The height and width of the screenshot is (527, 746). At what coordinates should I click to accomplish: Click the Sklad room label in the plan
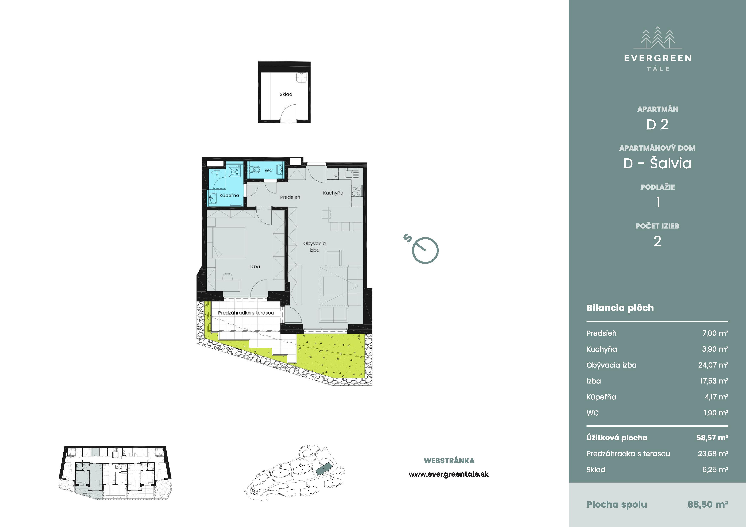286,94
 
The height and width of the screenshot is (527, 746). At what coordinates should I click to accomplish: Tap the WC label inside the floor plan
268,170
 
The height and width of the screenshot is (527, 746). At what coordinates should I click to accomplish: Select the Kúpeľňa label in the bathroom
229,196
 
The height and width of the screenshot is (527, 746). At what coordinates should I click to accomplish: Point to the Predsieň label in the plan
290,197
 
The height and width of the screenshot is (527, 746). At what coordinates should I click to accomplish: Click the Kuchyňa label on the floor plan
333,193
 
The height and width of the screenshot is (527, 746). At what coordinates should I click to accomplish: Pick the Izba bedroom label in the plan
255,267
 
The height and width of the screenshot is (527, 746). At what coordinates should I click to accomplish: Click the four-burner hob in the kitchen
356,191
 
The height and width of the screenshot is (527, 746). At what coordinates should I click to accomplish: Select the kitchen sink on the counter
352,173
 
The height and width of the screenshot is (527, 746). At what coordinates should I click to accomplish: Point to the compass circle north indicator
425,250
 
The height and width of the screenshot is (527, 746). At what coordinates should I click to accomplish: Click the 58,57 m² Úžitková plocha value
712,438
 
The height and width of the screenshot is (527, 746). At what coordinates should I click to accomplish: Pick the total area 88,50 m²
708,505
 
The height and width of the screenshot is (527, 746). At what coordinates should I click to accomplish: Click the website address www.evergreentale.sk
449,474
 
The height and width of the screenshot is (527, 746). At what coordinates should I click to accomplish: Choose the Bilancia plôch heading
620,308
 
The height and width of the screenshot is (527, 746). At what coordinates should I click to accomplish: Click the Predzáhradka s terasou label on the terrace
246,313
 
